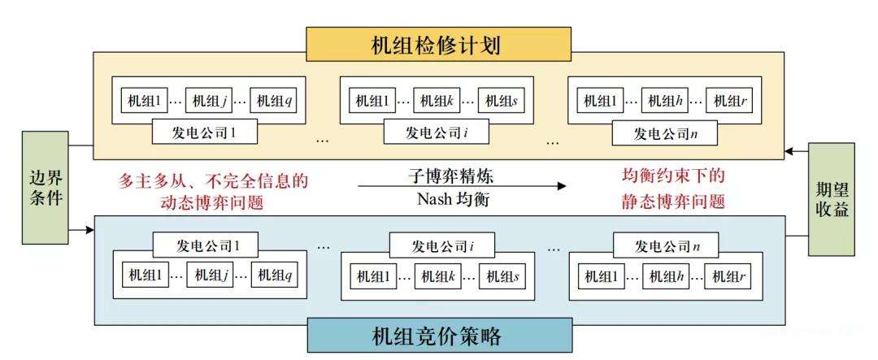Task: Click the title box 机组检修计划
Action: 439,45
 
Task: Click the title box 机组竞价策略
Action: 440,334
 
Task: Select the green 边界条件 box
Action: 45,189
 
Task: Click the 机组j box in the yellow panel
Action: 208,102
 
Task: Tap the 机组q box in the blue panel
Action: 274,275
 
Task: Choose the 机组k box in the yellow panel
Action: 437,102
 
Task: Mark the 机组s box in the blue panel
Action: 502,275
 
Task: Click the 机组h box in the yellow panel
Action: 665,102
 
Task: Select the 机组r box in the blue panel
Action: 730,275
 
